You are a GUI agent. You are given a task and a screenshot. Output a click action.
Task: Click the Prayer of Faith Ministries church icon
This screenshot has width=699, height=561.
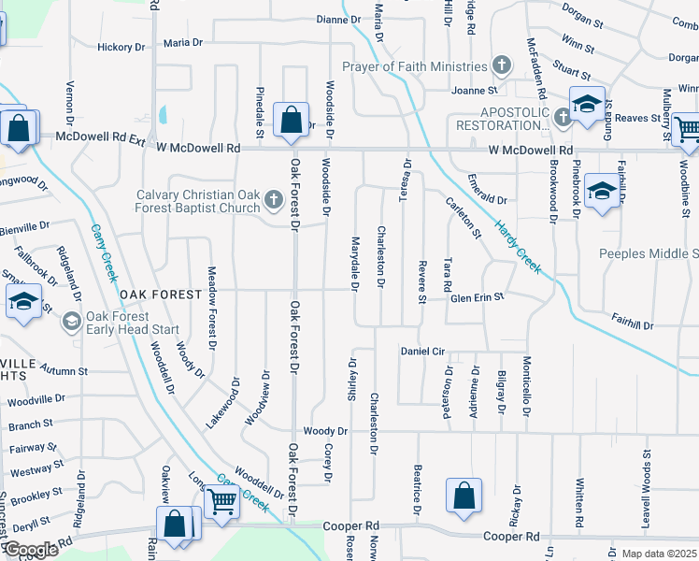(x=502, y=65)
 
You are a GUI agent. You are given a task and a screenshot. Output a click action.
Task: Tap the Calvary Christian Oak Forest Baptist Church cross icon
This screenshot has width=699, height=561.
(x=274, y=198)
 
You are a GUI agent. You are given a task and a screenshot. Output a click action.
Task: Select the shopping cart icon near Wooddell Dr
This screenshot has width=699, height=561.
(x=221, y=502)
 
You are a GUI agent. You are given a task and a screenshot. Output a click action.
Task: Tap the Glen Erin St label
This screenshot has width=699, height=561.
(x=478, y=296)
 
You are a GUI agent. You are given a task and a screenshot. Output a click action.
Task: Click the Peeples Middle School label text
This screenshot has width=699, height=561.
(x=648, y=253)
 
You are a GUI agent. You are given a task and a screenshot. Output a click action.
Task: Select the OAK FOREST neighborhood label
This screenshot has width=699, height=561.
(x=160, y=295)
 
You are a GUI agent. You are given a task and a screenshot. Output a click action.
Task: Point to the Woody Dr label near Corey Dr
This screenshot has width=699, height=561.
(x=324, y=432)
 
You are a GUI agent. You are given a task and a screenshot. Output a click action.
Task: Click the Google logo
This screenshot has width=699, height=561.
(x=31, y=550)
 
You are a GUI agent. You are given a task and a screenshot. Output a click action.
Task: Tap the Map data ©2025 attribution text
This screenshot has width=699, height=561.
(x=659, y=554)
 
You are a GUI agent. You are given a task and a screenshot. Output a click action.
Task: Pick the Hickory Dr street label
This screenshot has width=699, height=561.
(x=121, y=47)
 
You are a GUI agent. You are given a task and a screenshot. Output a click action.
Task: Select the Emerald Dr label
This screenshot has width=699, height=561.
(x=487, y=199)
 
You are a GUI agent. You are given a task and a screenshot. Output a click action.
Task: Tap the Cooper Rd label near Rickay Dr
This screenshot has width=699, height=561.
(x=512, y=537)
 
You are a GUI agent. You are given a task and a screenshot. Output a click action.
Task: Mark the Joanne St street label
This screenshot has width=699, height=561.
(x=475, y=91)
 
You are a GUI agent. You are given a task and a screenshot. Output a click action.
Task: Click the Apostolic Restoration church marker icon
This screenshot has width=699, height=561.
(x=563, y=118)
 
